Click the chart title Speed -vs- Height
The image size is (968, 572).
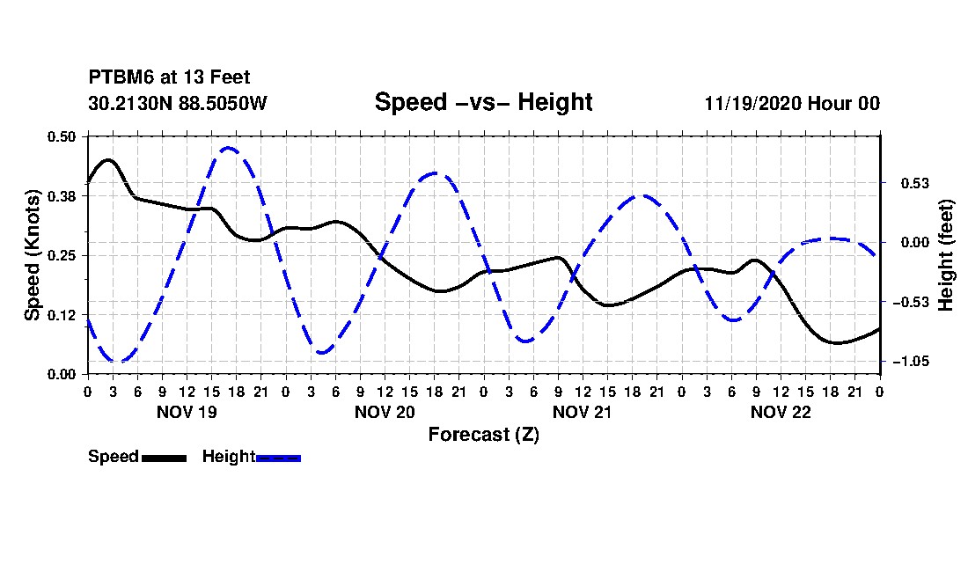tap(483, 102)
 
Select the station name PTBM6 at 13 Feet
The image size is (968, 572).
tap(169, 77)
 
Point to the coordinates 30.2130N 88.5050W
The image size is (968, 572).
tap(177, 103)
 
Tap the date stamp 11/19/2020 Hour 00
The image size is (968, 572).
tap(792, 103)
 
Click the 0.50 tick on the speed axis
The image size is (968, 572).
tap(61, 136)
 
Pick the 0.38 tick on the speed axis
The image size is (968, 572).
tap(61, 196)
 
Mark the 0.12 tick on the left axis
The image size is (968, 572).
tap(61, 315)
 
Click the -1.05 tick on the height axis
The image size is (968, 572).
tap(911, 362)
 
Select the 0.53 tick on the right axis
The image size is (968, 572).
tap(915, 183)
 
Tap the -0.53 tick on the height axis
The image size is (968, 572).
tap(911, 303)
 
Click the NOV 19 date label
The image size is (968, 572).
tap(187, 412)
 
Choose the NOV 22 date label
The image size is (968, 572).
tap(781, 412)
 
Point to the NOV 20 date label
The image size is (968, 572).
tap(385, 412)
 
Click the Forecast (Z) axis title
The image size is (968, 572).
tap(484, 435)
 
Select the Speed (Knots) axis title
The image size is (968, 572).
tap(32, 255)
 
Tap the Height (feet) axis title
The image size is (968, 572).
tap(945, 255)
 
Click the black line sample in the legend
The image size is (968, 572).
tap(165, 458)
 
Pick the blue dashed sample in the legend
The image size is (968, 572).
tap(278, 458)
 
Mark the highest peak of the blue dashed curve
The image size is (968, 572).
tap(229, 148)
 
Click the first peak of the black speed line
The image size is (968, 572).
tap(108, 160)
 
